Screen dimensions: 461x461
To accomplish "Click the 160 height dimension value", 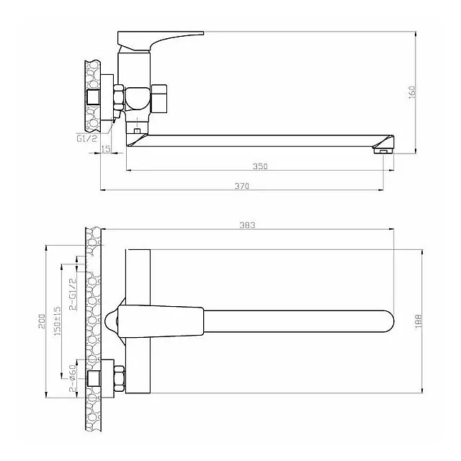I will [413, 92].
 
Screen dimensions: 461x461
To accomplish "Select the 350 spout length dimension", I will [260, 166].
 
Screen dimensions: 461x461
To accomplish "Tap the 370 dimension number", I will [241, 186].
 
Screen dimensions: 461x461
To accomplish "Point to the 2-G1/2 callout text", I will [72, 295].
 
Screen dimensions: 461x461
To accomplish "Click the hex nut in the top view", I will [119, 379].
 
